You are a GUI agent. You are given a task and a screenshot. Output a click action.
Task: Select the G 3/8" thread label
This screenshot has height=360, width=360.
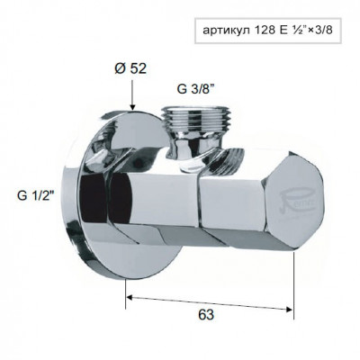pos(194,89)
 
